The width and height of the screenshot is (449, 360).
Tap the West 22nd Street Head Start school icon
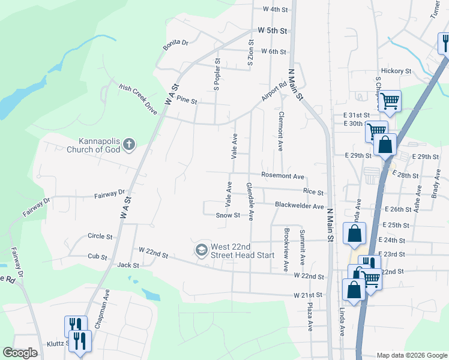coord(202,249)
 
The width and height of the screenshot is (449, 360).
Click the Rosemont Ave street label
coord(283,176)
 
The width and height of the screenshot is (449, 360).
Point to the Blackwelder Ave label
coord(299,205)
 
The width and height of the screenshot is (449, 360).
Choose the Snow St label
coord(228,215)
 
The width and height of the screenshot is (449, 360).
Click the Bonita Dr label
coord(176,43)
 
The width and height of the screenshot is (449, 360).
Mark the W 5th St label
coord(273,30)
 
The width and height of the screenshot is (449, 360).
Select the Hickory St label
coord(395,71)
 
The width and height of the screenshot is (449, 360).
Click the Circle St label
coord(100,236)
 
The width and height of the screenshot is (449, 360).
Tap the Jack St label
coord(128,265)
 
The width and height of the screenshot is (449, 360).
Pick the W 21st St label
coord(308,296)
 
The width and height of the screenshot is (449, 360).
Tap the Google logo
coord(20,353)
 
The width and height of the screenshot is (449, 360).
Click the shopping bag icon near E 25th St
coord(354,233)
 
